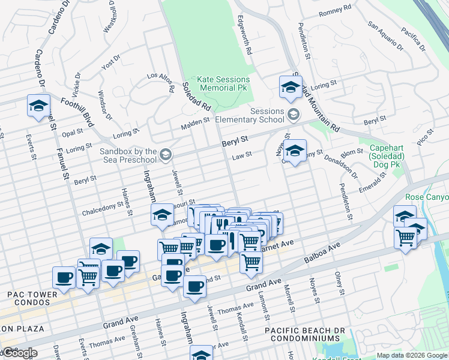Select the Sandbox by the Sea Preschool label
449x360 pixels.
coord(128,156)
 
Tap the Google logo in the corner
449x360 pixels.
coord(19,353)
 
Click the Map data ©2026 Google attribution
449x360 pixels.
coord(411,355)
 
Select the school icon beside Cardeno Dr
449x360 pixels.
coord(38,106)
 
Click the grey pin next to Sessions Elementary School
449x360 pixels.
coord(294,113)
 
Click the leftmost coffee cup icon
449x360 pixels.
coord(64,277)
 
